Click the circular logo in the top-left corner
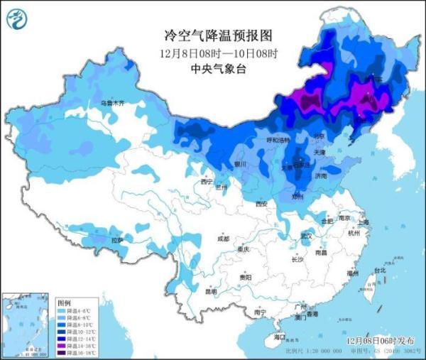(19, 20)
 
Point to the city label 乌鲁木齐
(111, 104)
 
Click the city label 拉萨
(116, 240)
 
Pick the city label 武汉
(307, 235)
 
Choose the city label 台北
(379, 271)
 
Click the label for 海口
(279, 337)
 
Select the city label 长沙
(297, 260)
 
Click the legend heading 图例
(63, 302)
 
